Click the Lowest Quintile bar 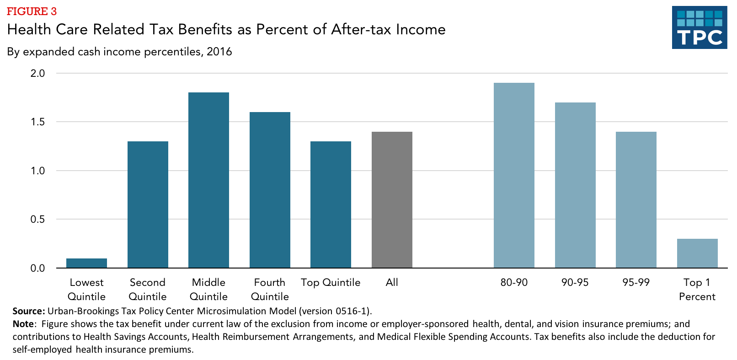tap(86, 263)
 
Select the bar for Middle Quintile tap(208, 180)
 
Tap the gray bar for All tap(392, 200)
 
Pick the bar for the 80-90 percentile tap(514, 175)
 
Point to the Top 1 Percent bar tap(697, 253)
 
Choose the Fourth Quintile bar tap(270, 190)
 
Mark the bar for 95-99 tap(636, 200)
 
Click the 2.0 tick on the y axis tap(37, 73)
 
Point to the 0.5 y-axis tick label tap(37, 220)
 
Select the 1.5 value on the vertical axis tap(37, 122)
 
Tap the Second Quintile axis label tap(147, 289)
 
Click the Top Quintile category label tap(331, 282)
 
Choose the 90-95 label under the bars tap(575, 282)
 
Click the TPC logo tap(700, 27)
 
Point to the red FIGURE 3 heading tap(32, 11)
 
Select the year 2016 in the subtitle tap(219, 52)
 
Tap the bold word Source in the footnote tap(28, 311)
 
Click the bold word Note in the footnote tap(23, 324)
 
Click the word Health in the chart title tap(29, 29)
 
